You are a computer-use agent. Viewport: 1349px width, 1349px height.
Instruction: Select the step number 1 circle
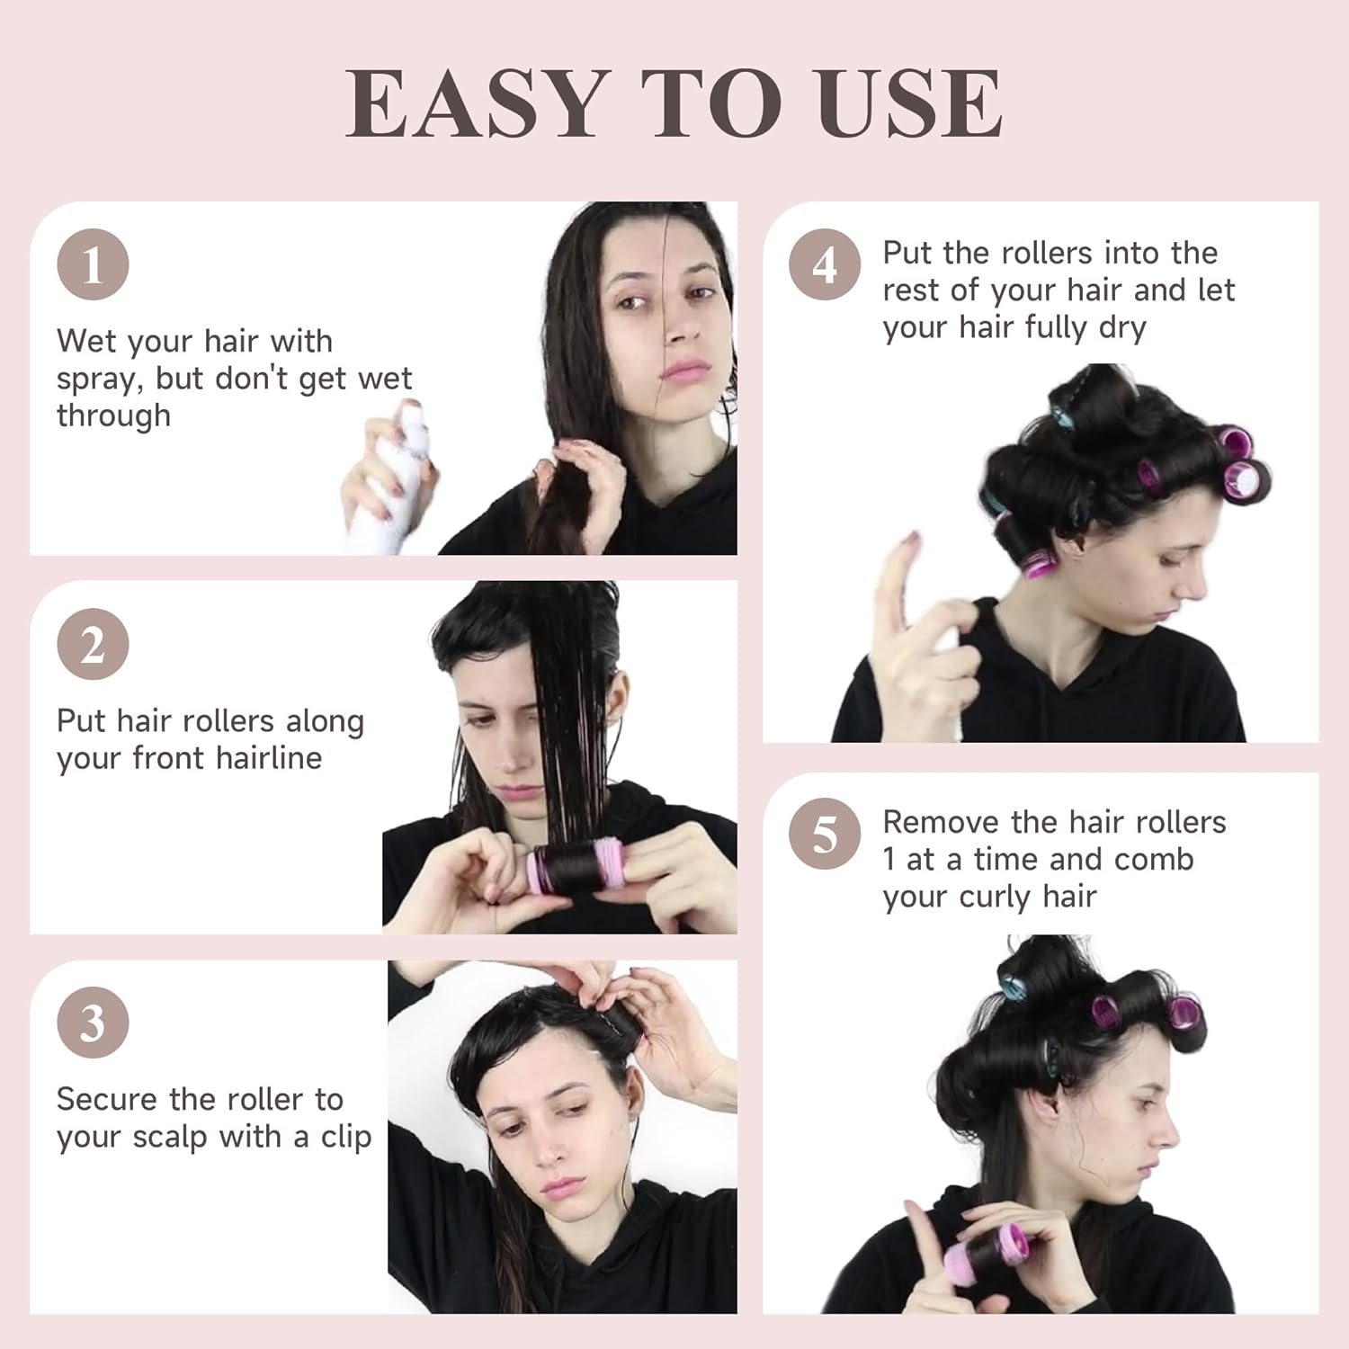(93, 265)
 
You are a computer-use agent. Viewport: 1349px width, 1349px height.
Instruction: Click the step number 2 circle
(93, 644)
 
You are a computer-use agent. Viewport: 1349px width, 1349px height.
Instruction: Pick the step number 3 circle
(93, 1023)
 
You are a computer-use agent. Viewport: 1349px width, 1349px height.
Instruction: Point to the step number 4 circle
(825, 265)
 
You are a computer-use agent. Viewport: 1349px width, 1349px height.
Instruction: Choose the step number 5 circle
(825, 835)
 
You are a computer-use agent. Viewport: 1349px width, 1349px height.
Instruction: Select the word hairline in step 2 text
(269, 758)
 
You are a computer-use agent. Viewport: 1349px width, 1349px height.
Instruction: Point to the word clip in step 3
(345, 1137)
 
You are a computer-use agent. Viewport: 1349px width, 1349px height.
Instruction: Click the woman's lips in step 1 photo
(685, 370)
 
